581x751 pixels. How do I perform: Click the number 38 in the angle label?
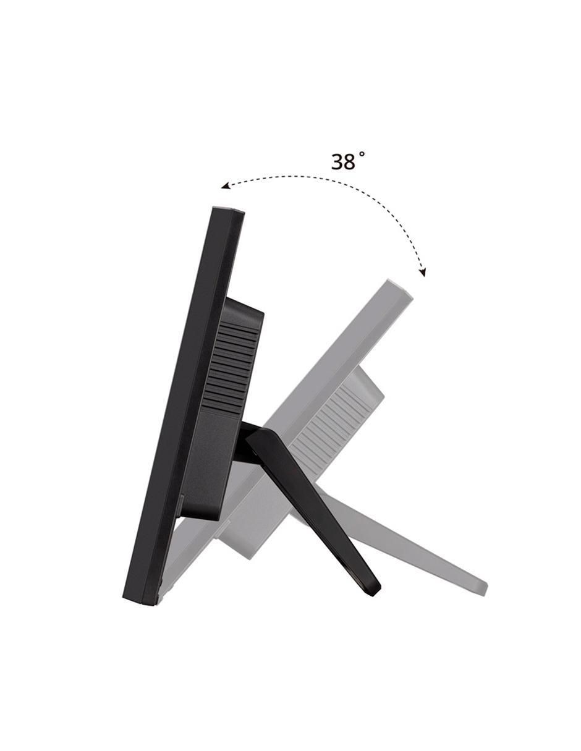click(x=343, y=162)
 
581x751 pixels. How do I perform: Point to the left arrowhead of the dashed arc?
click(x=226, y=186)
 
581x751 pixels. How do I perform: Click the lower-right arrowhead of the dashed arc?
click(x=422, y=272)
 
